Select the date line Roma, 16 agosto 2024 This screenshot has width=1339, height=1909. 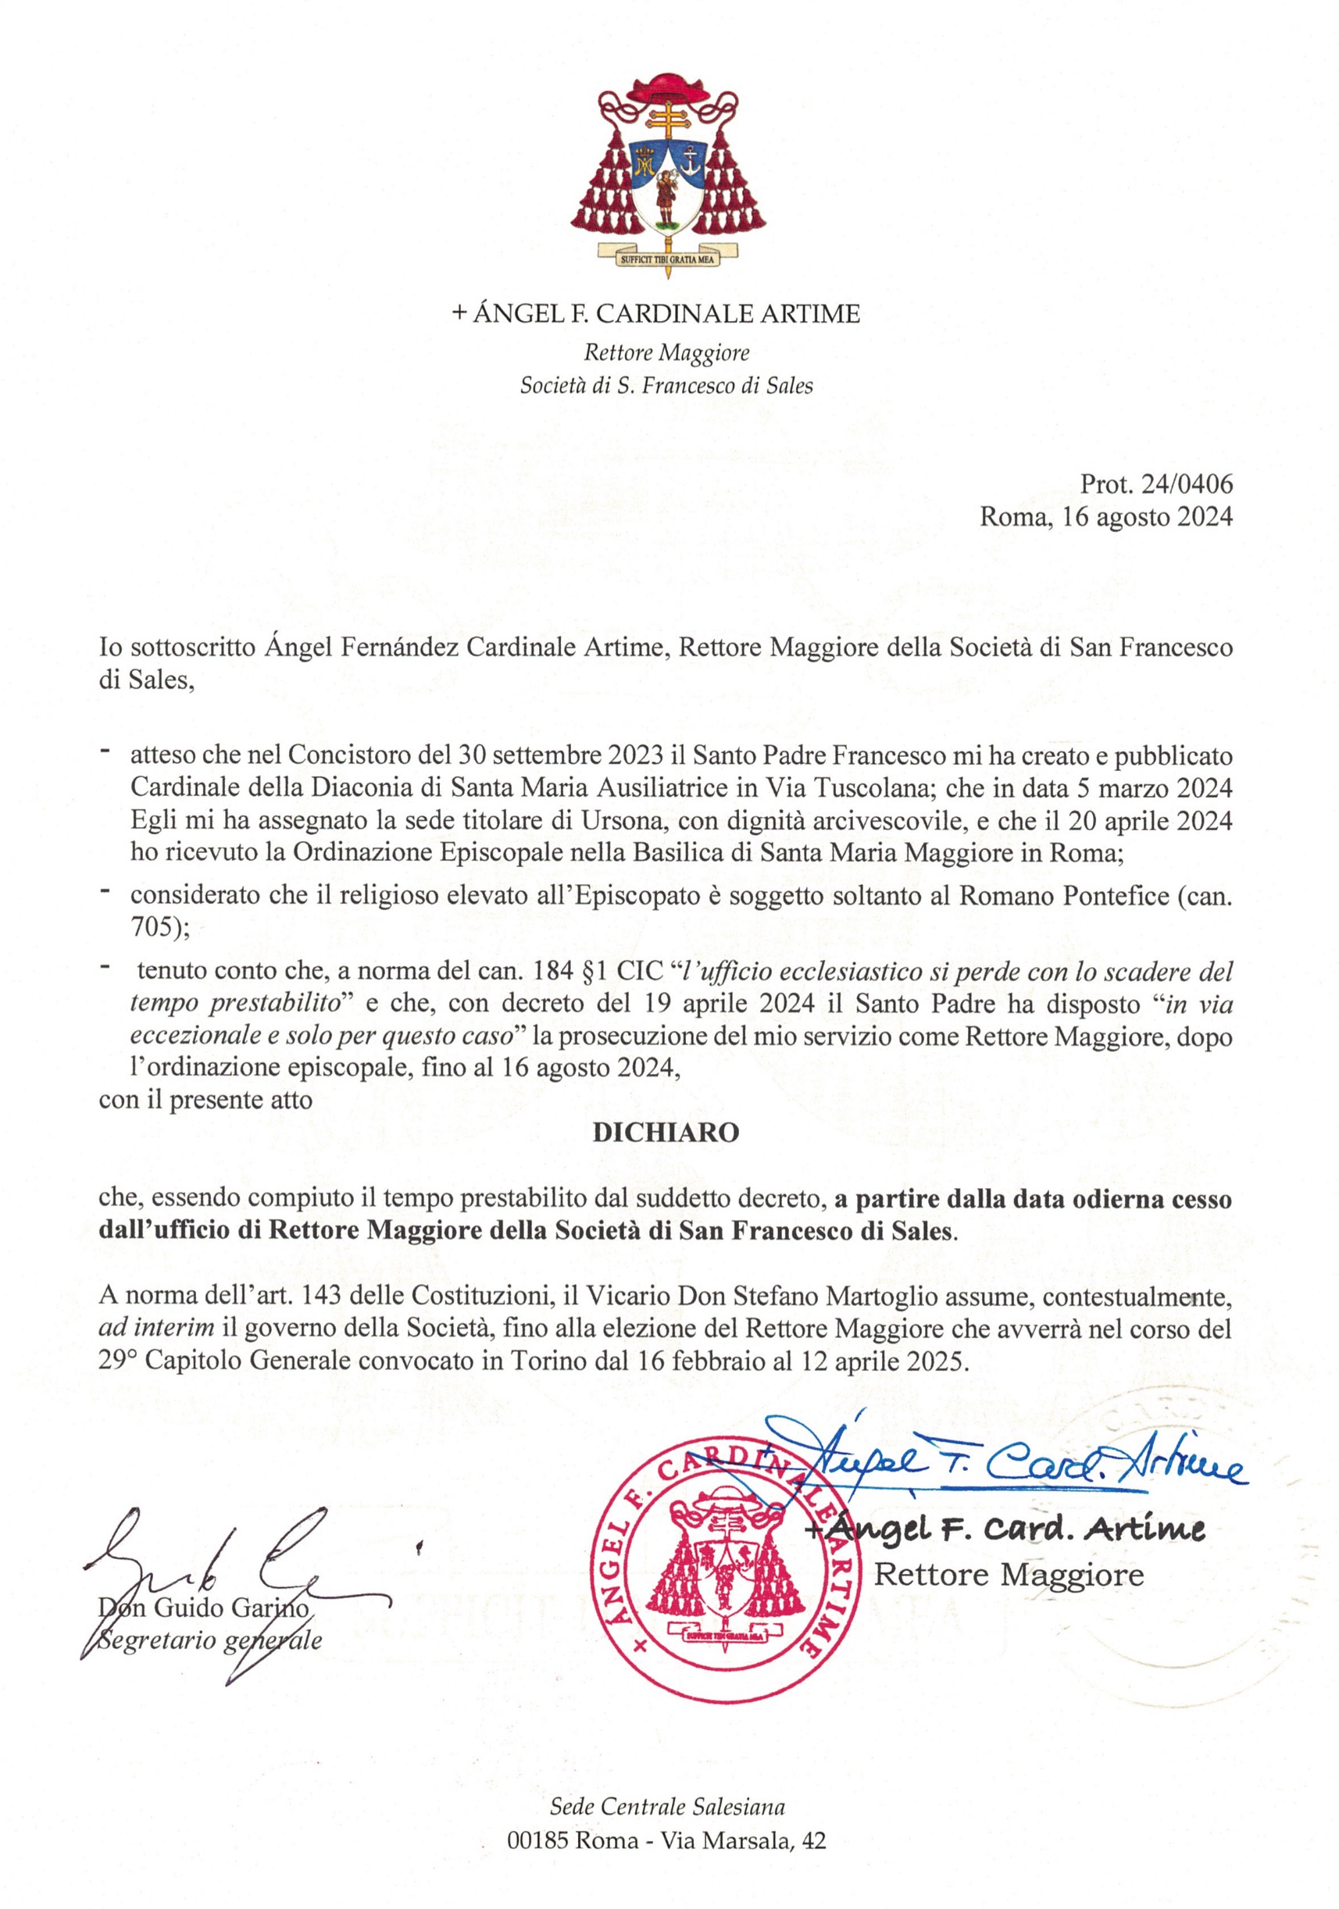point(1105,516)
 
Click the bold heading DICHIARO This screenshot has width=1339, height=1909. point(666,1133)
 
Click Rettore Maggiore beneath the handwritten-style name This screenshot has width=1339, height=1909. point(1009,1574)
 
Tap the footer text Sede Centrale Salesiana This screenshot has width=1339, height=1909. point(667,1806)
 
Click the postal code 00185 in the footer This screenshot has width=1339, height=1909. point(537,1841)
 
